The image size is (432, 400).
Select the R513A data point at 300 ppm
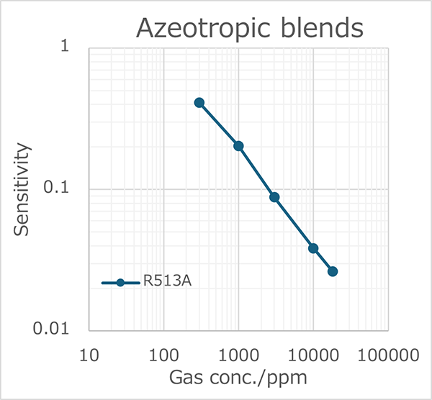pos(199,103)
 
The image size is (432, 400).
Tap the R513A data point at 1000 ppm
pos(238,146)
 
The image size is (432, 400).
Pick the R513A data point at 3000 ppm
pos(274,197)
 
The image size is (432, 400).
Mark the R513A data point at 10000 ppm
pos(313,248)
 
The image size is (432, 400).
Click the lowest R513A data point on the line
pos(333,271)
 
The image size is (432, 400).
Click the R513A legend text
pos(167,283)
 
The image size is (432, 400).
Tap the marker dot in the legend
pos(121,283)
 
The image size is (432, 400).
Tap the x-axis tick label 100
pos(163,355)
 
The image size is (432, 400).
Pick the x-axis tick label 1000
pos(238,355)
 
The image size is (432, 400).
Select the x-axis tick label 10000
pos(313,355)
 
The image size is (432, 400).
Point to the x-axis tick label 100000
pos(389,355)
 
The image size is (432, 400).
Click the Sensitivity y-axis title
pos(23,189)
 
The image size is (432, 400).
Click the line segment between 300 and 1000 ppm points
pos(219,124)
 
